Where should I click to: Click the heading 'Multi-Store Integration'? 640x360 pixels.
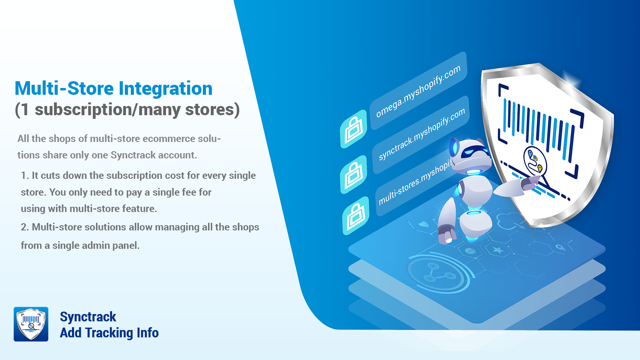114,88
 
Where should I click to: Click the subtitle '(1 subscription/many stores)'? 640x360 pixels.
127,110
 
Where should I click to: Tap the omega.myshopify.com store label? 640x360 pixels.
418,91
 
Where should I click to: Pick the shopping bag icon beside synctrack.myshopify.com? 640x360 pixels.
354,174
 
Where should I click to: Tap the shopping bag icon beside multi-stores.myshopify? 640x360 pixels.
356,216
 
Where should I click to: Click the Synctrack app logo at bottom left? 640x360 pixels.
31,324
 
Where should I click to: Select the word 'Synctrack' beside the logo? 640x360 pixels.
88,317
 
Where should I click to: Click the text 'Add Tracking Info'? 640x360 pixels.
109,333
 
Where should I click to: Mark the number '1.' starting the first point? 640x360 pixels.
25,176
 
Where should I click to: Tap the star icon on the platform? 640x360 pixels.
498,250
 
